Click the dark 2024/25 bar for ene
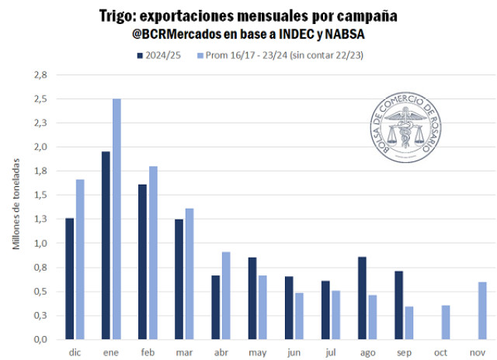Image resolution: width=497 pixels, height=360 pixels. pyautogui.click(x=106, y=245)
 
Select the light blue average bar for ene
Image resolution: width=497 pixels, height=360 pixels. pyautogui.click(x=116, y=219)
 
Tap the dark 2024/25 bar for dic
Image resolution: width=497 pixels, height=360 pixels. pyautogui.click(x=69, y=279)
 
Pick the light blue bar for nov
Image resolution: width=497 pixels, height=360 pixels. pyautogui.click(x=482, y=310)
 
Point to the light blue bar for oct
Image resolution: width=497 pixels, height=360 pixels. pyautogui.click(x=446, y=322)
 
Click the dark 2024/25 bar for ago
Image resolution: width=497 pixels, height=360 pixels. pyautogui.click(x=362, y=298)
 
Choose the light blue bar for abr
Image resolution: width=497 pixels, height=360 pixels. pyautogui.click(x=226, y=296)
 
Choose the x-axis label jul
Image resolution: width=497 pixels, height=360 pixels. pyautogui.click(x=331, y=351)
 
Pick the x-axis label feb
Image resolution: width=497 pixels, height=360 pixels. pyautogui.click(x=148, y=351)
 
